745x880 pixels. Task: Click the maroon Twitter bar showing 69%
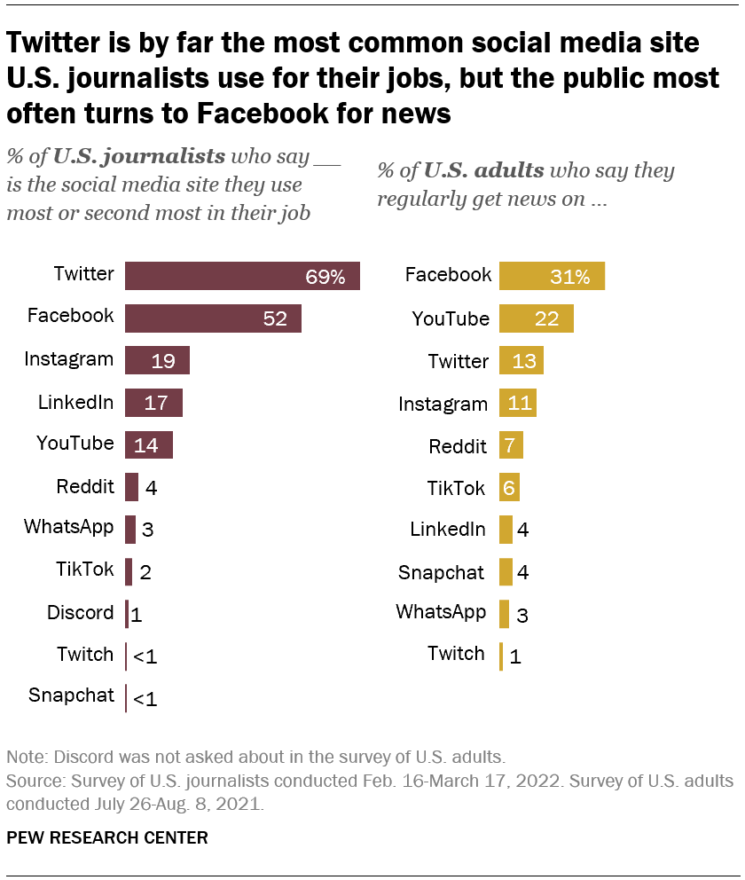[241, 276]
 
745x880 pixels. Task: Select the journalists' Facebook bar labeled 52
[213, 318]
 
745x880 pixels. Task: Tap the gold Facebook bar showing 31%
[552, 276]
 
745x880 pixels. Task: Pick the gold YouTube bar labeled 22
[536, 318]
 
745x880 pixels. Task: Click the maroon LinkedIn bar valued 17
[153, 403]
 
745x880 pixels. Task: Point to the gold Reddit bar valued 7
[511, 445]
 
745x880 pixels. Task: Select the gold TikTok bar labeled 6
[509, 487]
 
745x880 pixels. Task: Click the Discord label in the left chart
[81, 612]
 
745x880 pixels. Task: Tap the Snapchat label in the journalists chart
[71, 695]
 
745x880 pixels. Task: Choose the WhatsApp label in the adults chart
[441, 611]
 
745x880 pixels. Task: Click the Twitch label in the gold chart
[456, 654]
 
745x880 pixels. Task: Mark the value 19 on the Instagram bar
[163, 361]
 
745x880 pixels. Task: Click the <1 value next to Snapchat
[145, 699]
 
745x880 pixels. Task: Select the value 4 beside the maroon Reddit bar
[151, 487]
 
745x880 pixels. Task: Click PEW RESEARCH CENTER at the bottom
[107, 837]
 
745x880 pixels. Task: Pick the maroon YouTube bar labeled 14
[148, 445]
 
